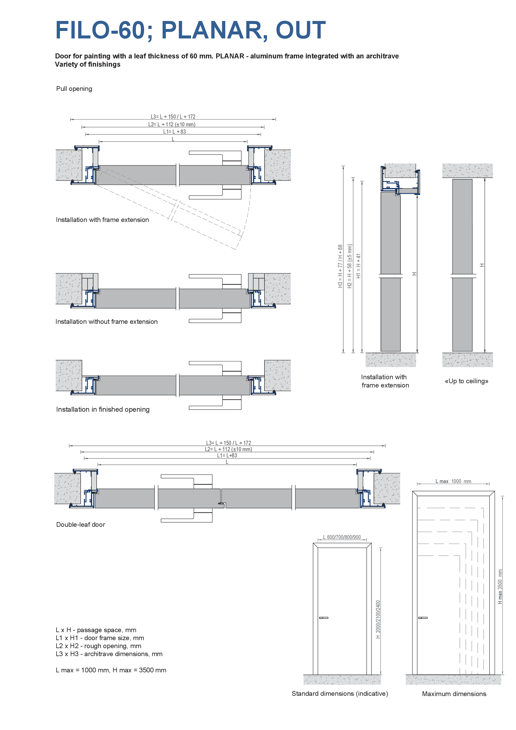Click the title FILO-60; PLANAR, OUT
(x=191, y=30)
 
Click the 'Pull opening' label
(x=74, y=89)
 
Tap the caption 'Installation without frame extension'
(x=107, y=322)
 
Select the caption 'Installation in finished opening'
(x=103, y=409)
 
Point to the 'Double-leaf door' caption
(x=80, y=524)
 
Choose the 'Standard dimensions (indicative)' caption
(x=340, y=694)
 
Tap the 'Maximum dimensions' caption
(x=454, y=694)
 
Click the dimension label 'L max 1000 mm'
(x=453, y=481)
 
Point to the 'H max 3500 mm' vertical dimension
(x=500, y=587)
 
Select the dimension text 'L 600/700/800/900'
(x=342, y=537)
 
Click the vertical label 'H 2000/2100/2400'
(x=378, y=619)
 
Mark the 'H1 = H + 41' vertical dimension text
(x=359, y=266)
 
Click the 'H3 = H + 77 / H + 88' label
(x=340, y=266)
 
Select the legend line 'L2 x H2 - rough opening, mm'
(x=98, y=646)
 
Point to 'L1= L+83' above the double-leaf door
(x=227, y=455)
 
